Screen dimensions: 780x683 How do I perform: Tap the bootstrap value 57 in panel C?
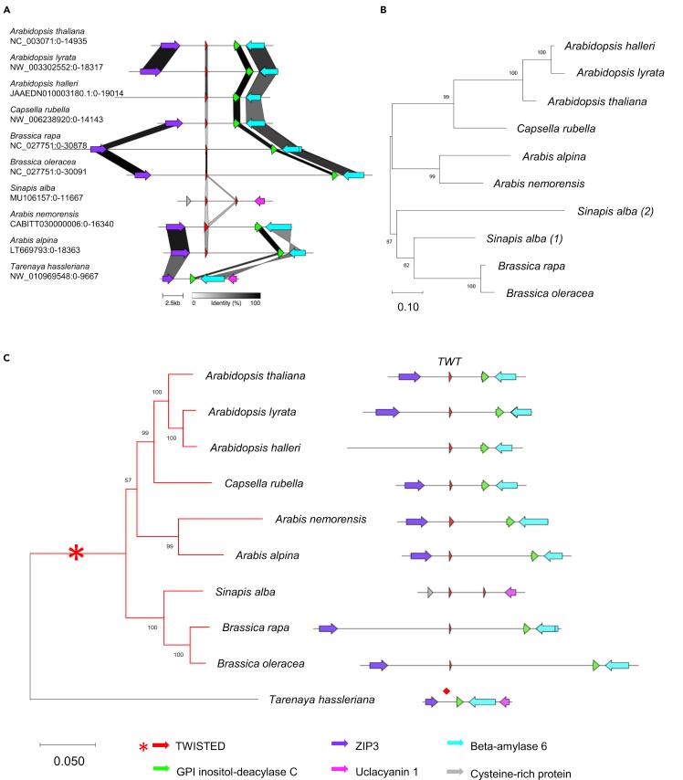128,477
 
